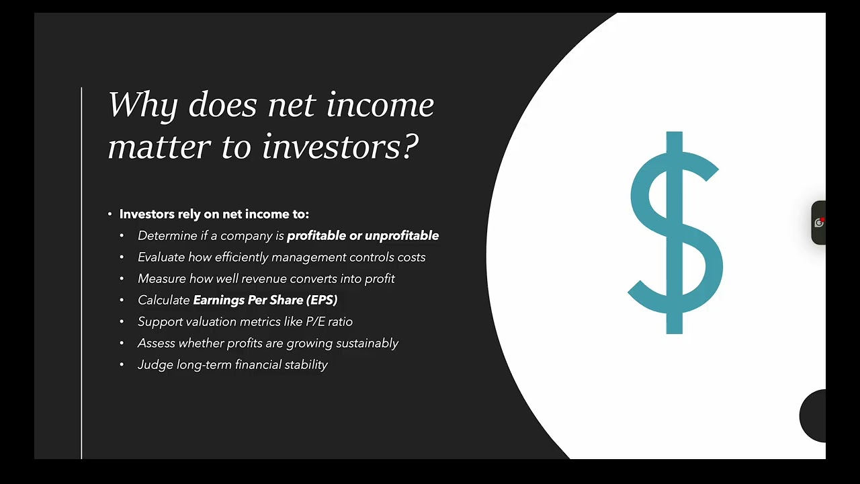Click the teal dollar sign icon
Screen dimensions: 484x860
[x=675, y=233]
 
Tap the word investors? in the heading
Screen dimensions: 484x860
[x=340, y=147]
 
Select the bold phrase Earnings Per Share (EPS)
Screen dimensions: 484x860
[x=265, y=300]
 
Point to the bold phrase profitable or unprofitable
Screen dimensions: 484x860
[x=363, y=235]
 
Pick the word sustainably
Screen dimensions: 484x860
[x=367, y=343]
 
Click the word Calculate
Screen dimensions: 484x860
[x=163, y=300]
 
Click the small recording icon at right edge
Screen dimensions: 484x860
[x=818, y=223]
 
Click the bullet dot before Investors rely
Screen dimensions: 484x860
[x=110, y=214]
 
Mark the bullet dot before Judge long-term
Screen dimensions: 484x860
[x=122, y=364]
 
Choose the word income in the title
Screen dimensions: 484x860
[x=380, y=106]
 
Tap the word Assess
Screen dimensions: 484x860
[x=156, y=343]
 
